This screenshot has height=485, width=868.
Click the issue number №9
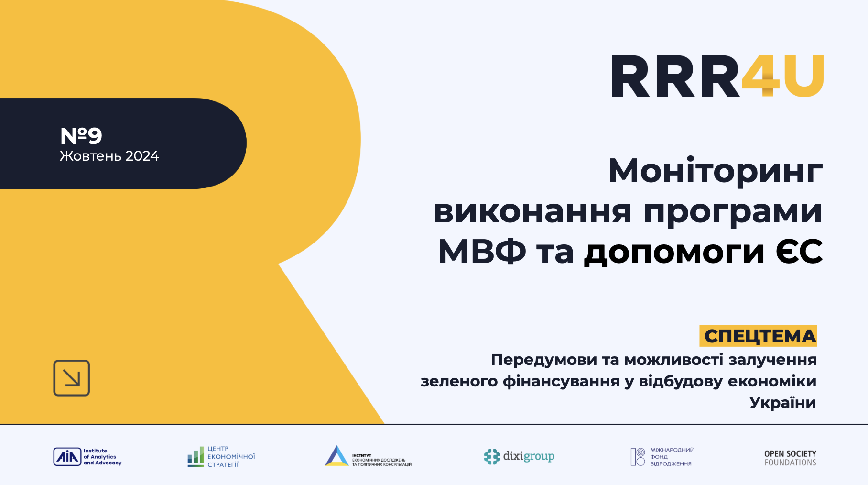[81, 136]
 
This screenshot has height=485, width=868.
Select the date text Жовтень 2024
[109, 156]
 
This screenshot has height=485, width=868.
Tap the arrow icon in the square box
[72, 378]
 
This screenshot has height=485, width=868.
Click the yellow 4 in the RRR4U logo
[761, 77]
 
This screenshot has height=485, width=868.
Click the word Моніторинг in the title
[715, 171]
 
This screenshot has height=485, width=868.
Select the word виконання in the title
[532, 212]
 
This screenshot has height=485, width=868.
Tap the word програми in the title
[733, 212]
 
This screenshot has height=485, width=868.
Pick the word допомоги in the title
[674, 252]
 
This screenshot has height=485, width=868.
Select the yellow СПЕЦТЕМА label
[759, 336]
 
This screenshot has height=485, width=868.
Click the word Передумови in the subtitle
[544, 360]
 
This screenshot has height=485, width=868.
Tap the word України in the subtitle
[782, 403]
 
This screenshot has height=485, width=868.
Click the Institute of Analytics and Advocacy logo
[87, 457]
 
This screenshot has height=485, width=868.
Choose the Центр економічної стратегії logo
[221, 457]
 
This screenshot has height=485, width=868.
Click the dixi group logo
[519, 457]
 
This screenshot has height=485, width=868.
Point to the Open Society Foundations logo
[790, 458]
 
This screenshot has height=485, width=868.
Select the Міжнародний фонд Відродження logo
[662, 457]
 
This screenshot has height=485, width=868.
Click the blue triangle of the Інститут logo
[337, 456]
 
